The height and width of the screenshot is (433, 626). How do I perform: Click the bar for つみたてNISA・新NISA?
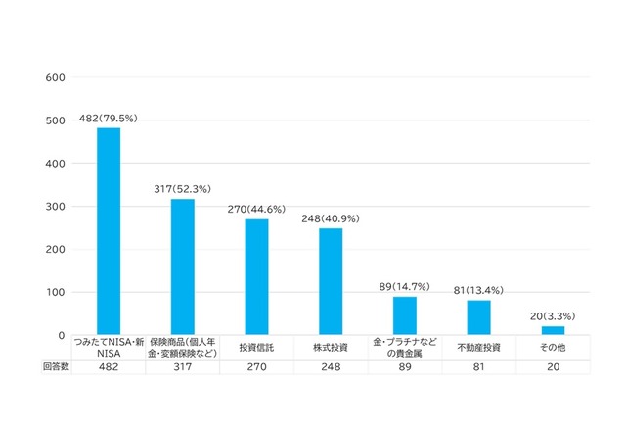[x=109, y=232]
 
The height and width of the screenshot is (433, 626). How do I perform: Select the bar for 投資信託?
[x=256, y=277]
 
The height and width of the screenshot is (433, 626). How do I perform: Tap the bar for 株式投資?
[x=331, y=282]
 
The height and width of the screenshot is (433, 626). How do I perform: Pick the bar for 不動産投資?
[x=478, y=317]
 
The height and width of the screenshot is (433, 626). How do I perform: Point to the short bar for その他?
[x=553, y=330]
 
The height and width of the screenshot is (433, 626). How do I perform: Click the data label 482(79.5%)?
[x=109, y=120]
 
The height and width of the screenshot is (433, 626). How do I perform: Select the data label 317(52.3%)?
[x=183, y=189]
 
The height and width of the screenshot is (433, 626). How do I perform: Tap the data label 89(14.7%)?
[x=405, y=286]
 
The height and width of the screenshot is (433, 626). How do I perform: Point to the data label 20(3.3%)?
[x=553, y=315]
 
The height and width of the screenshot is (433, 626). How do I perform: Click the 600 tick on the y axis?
[x=57, y=77]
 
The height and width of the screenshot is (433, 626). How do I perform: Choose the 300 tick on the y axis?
[x=57, y=207]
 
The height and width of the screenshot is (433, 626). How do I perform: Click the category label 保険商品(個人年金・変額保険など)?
[x=183, y=347]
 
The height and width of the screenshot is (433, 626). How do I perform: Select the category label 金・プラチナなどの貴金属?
[x=405, y=347]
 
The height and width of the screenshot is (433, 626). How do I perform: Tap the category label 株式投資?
[x=331, y=347]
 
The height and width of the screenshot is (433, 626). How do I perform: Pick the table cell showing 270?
[x=256, y=366]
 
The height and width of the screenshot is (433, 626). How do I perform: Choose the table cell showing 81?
[x=478, y=366]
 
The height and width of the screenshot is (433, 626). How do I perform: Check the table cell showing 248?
[x=331, y=366]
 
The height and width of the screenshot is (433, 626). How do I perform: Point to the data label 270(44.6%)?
[x=256, y=210]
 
